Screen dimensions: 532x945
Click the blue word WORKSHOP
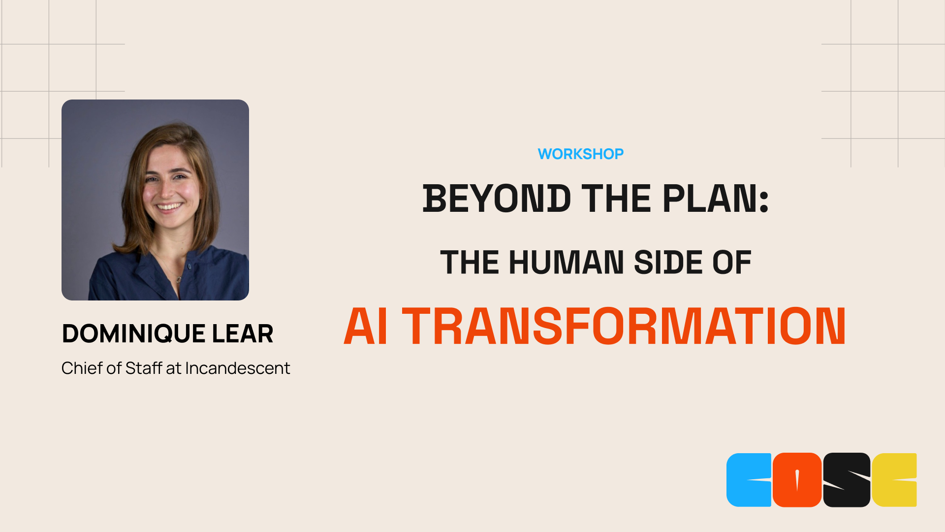[580, 154]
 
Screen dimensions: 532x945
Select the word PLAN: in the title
[715, 199]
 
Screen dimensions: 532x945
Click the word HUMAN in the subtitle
[566, 262]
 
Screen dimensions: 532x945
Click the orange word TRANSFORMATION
[624, 327]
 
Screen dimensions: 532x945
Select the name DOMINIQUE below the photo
[133, 333]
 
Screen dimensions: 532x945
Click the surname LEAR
[243, 333]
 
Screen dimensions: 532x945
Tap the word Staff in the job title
[144, 368]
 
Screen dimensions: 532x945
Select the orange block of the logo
[797, 480]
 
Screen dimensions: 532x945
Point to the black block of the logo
[847, 480]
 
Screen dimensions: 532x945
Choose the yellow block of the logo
[894, 480]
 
